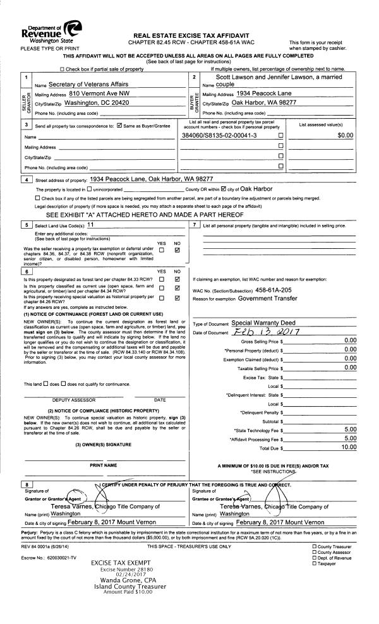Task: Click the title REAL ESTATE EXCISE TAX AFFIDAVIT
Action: [189, 35]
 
